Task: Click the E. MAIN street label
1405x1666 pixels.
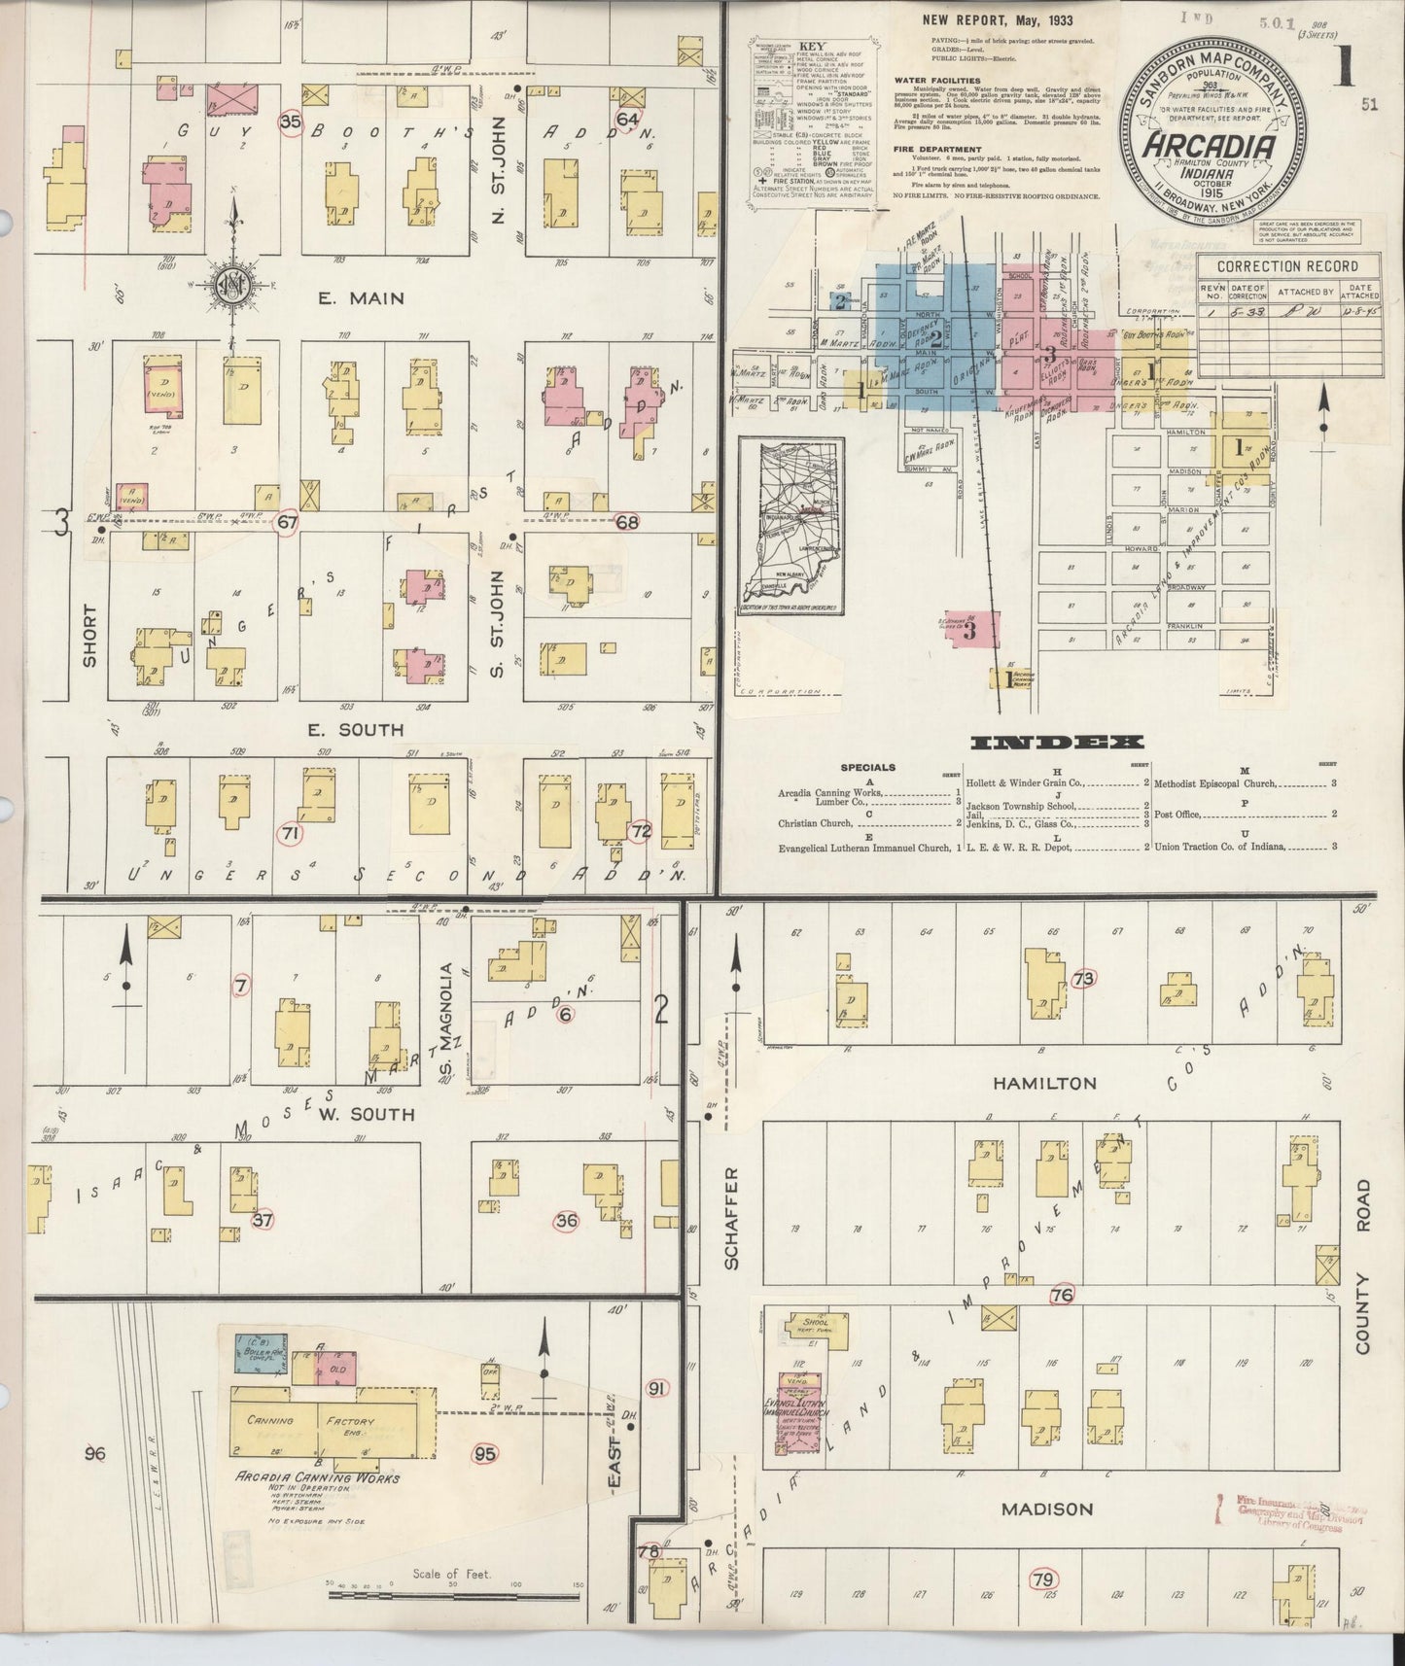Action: (362, 298)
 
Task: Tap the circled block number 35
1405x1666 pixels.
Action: (290, 122)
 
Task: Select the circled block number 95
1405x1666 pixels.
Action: (484, 1454)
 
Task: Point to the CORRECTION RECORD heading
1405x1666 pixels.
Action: (1274, 265)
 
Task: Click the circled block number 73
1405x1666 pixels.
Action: (1083, 979)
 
